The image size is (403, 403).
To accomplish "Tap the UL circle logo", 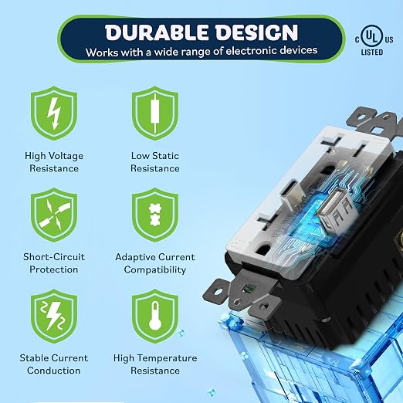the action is [x=372, y=37].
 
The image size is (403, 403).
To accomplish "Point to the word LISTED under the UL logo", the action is [x=372, y=52].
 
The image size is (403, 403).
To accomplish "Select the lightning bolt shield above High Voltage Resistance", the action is [x=54, y=113].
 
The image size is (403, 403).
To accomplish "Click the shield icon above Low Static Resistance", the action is [x=155, y=113].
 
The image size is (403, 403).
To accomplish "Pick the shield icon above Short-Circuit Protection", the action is [x=54, y=215].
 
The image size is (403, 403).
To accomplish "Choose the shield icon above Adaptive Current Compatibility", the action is [x=155, y=215].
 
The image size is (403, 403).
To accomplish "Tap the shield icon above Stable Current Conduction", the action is [x=54, y=316].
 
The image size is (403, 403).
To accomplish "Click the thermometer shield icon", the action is [x=155, y=316].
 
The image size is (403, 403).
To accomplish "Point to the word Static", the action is [x=165, y=156].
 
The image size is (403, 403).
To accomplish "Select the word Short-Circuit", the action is [x=54, y=257].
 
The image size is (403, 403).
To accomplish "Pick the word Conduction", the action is [x=54, y=371].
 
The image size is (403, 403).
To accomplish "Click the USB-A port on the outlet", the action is [x=334, y=206].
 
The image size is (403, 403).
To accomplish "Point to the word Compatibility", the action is [x=155, y=270].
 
